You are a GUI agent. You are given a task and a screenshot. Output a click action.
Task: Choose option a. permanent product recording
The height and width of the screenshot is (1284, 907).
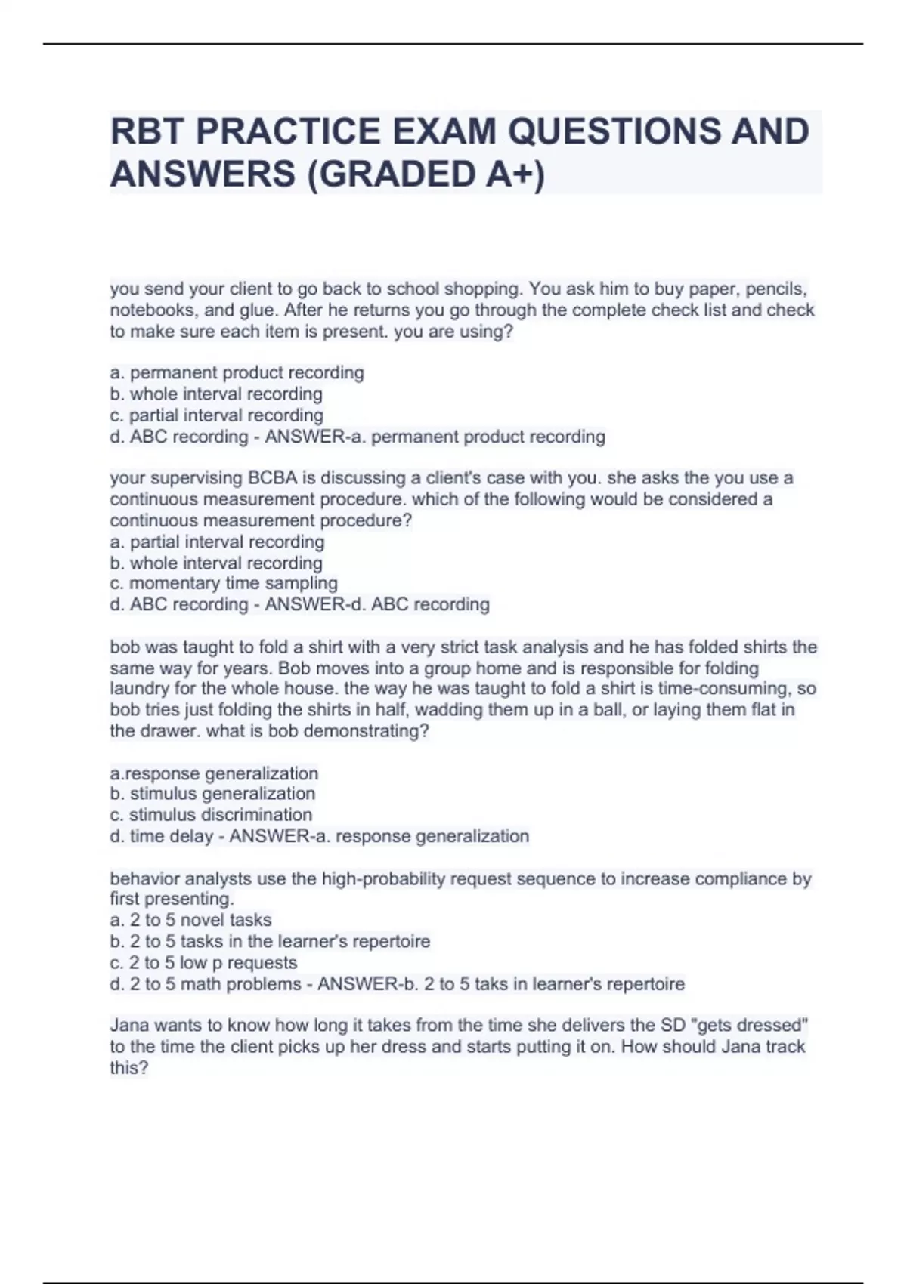coord(237,372)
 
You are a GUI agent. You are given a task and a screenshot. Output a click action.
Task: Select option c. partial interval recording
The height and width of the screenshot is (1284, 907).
coord(216,415)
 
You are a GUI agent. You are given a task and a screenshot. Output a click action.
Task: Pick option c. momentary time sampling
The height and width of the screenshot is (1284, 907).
coord(224,583)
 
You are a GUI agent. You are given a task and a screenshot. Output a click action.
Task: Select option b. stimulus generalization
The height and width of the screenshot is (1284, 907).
coord(212,794)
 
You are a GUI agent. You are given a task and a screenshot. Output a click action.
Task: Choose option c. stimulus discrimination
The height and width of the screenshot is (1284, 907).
coord(211,815)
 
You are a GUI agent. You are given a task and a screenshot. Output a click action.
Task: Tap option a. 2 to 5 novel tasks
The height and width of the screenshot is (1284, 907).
coord(190,920)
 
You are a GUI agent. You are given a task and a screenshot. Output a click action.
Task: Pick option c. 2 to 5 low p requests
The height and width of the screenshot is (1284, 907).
coord(203,963)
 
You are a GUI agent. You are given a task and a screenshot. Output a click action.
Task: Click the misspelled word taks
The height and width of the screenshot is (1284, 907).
coord(476,984)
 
